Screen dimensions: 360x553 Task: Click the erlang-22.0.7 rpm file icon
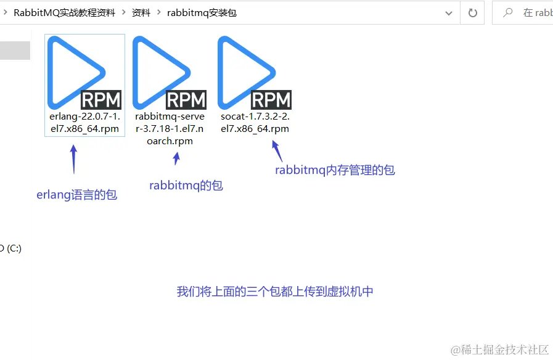pyautogui.click(x=77, y=71)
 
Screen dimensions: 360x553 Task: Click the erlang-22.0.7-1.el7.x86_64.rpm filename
pyautogui.click(x=84, y=123)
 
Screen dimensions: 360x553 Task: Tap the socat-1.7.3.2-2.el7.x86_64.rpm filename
pyautogui.click(x=255, y=123)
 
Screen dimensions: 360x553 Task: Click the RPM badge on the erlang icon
pyautogui.click(x=102, y=100)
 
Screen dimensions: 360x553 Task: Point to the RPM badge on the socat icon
pyautogui.click(x=271, y=100)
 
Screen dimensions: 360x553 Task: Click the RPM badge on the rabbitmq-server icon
pyautogui.click(x=186, y=100)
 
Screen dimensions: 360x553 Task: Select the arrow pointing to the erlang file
pyautogui.click(x=73, y=159)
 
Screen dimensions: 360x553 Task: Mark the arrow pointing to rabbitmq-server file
pyautogui.click(x=177, y=158)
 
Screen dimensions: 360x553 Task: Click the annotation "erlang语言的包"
pyautogui.click(x=77, y=195)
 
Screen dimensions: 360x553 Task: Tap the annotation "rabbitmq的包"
pyautogui.click(x=186, y=185)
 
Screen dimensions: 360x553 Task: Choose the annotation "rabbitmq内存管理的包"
pyautogui.click(x=335, y=170)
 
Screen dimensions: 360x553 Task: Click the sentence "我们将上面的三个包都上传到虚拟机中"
pyautogui.click(x=275, y=292)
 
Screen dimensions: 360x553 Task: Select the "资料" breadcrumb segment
pyautogui.click(x=141, y=12)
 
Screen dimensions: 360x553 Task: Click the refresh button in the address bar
pyautogui.click(x=473, y=12)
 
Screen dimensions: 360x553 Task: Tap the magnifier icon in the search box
pyautogui.click(x=509, y=12)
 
